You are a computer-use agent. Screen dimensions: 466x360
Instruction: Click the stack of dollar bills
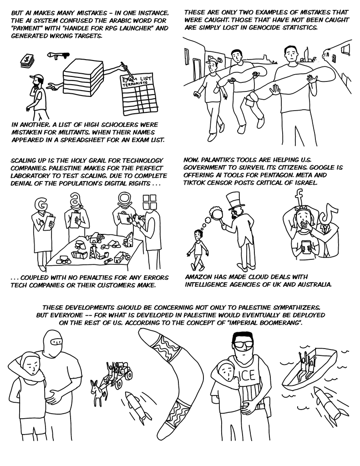coord(27,61)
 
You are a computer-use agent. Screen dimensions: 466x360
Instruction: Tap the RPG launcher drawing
coord(58,56)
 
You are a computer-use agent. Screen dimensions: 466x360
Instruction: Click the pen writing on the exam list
coord(126,70)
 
